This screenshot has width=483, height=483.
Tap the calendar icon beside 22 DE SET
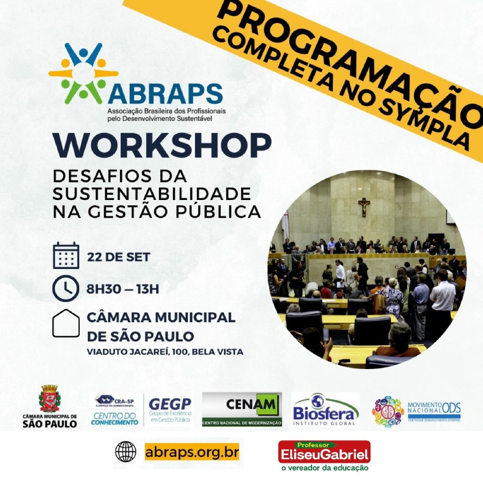point(66,256)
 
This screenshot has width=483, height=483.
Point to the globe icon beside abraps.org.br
point(126,452)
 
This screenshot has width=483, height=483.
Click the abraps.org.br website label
point(192,453)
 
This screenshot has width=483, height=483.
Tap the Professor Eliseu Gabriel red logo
point(324,452)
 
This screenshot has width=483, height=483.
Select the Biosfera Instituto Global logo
point(326,410)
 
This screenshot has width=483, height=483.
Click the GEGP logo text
point(170,404)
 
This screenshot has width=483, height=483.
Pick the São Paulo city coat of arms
point(49,398)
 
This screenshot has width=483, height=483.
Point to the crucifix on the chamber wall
point(364,206)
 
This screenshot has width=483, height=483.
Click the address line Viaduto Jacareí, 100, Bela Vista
point(165,352)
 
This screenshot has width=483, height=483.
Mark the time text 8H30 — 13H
point(122,289)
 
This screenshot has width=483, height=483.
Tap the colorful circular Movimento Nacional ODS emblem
point(388,411)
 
